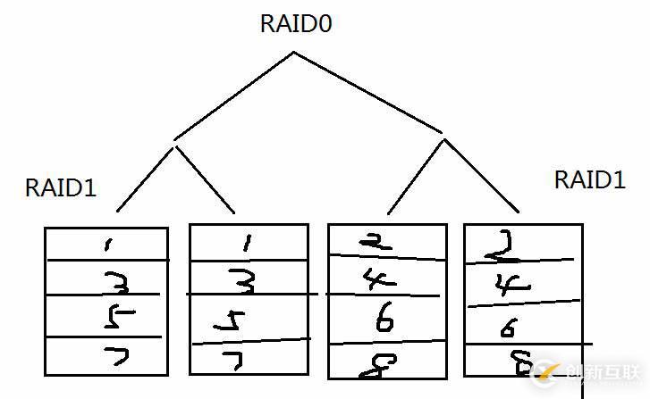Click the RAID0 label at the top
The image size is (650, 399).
pyautogui.click(x=296, y=24)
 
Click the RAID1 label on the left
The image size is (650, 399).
pyautogui.click(x=61, y=188)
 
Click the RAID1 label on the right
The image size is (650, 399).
pyautogui.click(x=589, y=179)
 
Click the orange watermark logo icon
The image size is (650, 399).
pyautogui.click(x=544, y=371)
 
